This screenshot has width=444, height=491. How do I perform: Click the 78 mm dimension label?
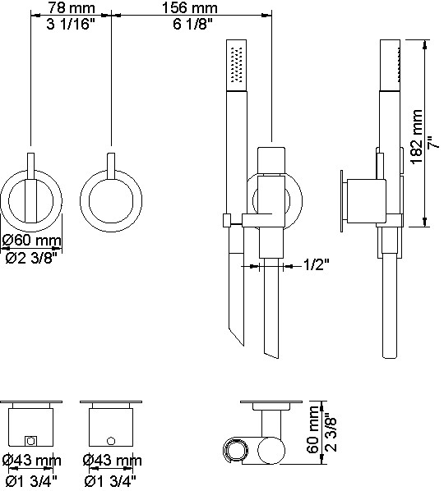(x=72, y=7)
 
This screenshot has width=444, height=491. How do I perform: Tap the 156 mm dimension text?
(x=189, y=7)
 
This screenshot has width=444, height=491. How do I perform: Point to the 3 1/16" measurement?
(x=71, y=24)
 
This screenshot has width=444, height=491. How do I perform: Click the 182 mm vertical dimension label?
(x=417, y=137)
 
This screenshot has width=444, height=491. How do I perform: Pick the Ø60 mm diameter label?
(x=31, y=241)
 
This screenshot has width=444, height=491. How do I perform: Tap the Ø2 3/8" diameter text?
(x=32, y=258)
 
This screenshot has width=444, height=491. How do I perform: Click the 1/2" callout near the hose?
(x=316, y=265)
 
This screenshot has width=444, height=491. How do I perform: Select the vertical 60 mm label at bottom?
(x=312, y=429)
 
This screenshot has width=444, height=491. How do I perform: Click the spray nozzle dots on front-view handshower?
(x=237, y=65)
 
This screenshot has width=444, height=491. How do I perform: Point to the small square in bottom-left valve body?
(x=30, y=441)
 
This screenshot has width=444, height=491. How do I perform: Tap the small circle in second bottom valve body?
(x=111, y=441)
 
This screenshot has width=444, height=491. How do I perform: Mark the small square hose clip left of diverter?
(x=227, y=220)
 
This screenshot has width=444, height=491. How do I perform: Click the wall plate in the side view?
(x=342, y=201)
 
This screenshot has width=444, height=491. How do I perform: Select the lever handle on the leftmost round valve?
(x=31, y=187)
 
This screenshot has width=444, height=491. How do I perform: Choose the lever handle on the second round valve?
(x=111, y=167)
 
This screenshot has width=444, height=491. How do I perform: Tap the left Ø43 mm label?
(x=31, y=461)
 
